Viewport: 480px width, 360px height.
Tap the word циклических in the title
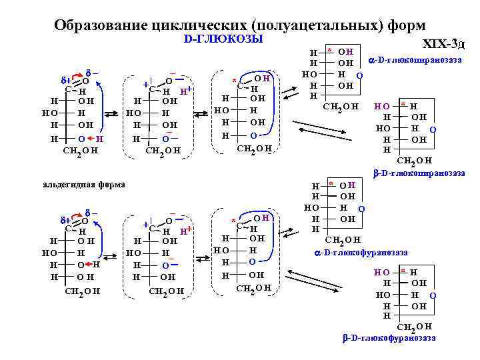199,25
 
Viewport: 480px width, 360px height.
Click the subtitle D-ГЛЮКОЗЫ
223,39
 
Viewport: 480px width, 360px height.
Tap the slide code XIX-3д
444,44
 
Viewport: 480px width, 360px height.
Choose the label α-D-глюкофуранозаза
360,253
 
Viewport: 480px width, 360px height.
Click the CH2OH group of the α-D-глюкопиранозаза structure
340,107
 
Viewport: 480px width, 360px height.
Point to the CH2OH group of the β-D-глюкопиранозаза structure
414,161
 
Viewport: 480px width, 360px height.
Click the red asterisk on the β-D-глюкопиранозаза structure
403,105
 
